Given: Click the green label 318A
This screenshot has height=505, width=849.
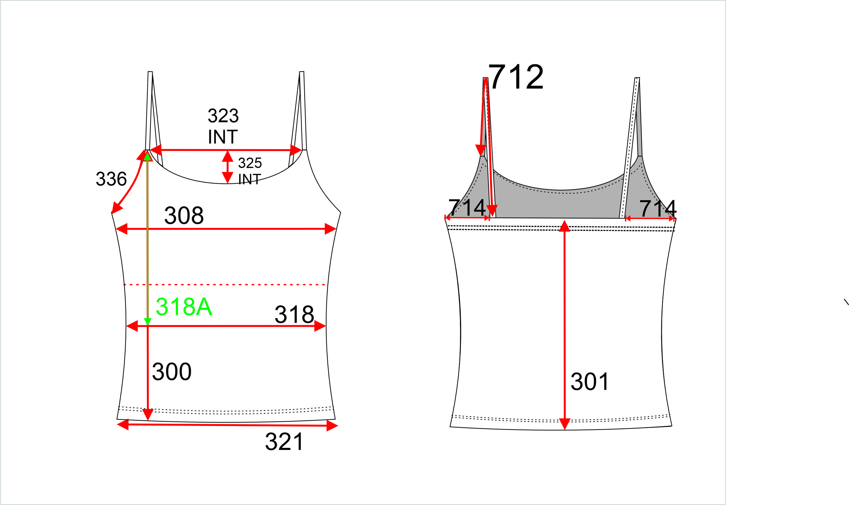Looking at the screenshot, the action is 184,307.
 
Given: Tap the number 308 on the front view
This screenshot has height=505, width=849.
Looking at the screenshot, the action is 184,215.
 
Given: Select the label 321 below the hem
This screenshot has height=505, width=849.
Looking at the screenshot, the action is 284,442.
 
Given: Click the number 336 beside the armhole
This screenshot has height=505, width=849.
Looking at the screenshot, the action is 111,179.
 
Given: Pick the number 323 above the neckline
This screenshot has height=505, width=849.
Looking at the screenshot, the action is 223,116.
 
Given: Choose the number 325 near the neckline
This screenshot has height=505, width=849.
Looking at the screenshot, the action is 250,163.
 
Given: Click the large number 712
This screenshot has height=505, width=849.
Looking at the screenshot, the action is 516,77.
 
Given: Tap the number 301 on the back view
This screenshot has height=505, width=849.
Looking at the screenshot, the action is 590,381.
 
